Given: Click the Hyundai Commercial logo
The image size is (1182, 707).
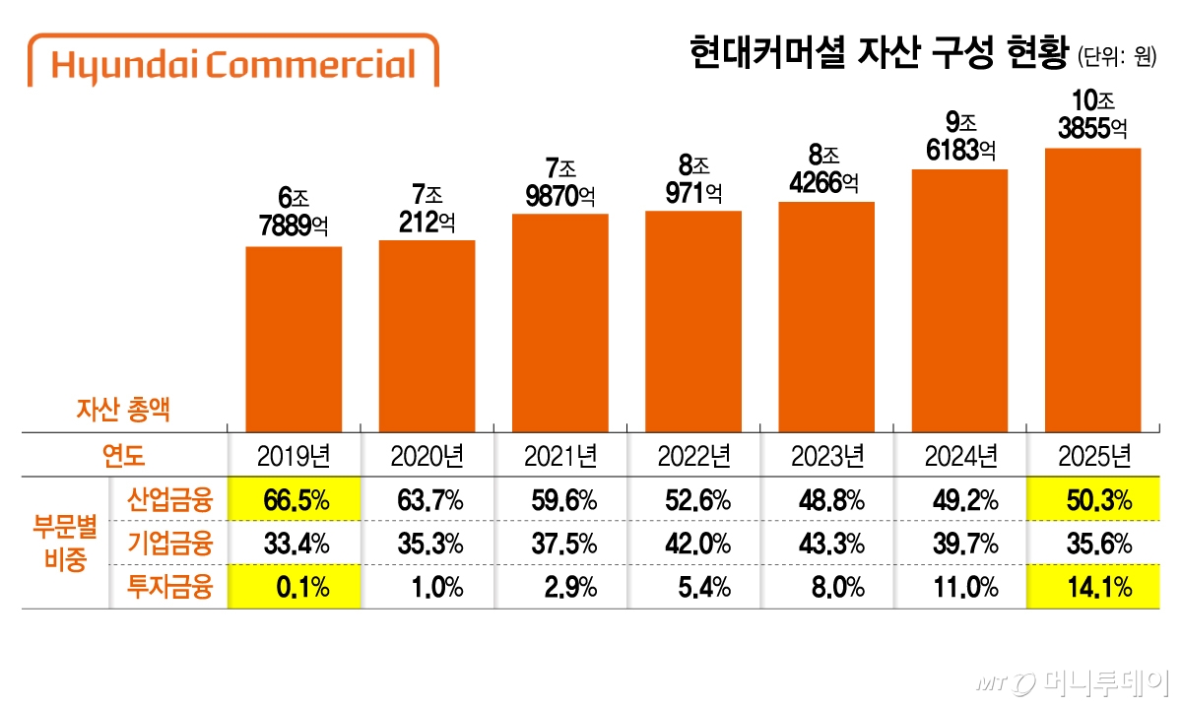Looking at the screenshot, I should coord(233,64).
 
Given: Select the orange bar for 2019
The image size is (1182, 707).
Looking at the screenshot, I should coord(294,338).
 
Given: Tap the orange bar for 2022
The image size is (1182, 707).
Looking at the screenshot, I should coord(693,320).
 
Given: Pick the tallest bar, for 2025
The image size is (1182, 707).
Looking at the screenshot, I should coord(1092,289).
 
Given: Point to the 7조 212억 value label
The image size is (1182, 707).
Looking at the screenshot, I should coord(427,208).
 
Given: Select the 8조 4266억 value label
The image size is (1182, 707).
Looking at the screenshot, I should coord(825,168).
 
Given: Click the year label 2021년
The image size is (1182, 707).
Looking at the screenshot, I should coord(560,456).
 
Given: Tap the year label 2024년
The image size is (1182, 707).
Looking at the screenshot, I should coord(959,456).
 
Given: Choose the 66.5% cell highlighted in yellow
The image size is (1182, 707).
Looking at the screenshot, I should coord(295,500).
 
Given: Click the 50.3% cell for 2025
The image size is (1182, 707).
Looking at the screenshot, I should coord(1092,500).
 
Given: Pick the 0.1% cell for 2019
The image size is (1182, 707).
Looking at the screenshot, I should coord(295,588).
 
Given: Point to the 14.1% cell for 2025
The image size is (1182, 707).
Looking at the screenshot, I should coord(1092,588).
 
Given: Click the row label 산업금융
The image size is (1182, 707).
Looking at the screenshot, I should coord(169,500).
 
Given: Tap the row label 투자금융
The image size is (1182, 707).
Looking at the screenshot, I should coord(169,588).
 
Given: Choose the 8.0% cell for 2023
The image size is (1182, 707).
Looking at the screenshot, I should coord(826,588).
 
